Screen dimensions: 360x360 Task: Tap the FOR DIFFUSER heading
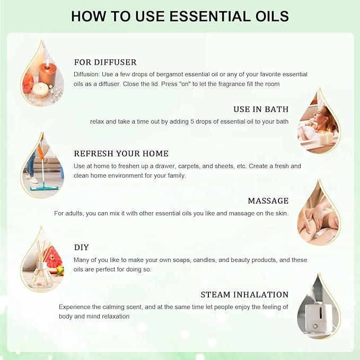pyautogui.click(x=106, y=62)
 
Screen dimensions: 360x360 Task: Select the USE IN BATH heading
pyautogui.click(x=261, y=109)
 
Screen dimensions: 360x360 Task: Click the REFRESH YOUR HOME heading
pyautogui.click(x=121, y=154)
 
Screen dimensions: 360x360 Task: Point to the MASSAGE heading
pyautogui.click(x=268, y=201)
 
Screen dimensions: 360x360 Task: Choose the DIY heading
pyautogui.click(x=82, y=248)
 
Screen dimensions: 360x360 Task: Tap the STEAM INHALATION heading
pyautogui.click(x=244, y=295)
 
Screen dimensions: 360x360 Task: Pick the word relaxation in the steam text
pyautogui.click(x=116, y=317)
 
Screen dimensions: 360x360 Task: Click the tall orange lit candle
pyautogui.click(x=48, y=72)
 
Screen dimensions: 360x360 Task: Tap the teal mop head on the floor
pyautogui.click(x=44, y=189)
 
